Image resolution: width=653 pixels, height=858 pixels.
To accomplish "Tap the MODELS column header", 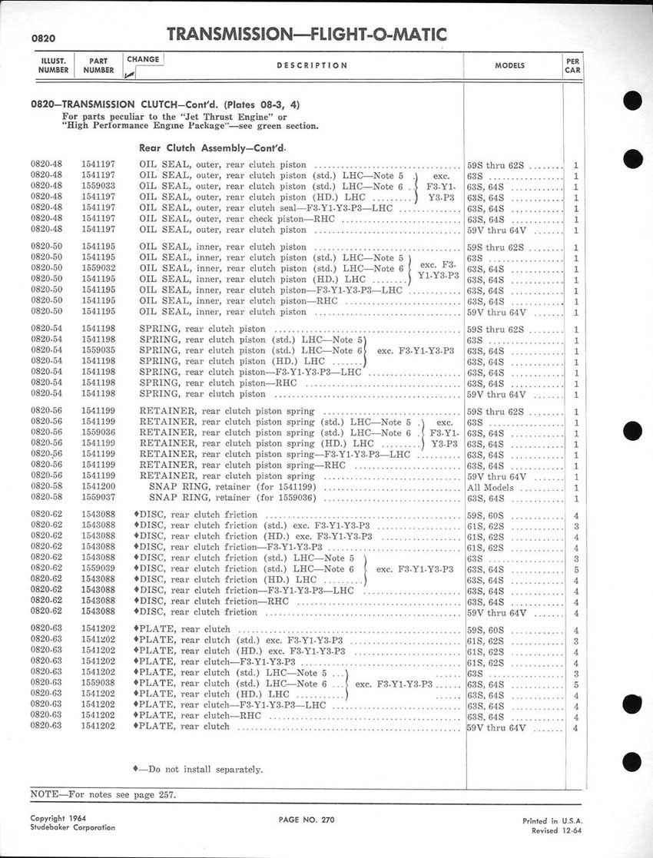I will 509,66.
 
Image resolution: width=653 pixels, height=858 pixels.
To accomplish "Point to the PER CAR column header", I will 572,65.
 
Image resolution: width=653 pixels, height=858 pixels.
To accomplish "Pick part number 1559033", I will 98,187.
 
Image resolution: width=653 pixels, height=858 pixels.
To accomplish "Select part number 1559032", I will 98,268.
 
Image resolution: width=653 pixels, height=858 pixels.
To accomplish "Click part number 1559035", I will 98,350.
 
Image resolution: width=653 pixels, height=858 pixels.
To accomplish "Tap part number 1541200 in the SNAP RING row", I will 98,487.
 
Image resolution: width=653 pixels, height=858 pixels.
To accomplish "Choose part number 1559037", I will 98,498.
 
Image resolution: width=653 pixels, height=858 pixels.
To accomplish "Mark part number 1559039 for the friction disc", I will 98,569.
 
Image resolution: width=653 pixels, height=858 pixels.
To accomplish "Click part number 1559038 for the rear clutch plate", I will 98,683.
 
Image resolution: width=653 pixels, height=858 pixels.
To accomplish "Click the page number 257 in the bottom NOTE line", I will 167,793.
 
